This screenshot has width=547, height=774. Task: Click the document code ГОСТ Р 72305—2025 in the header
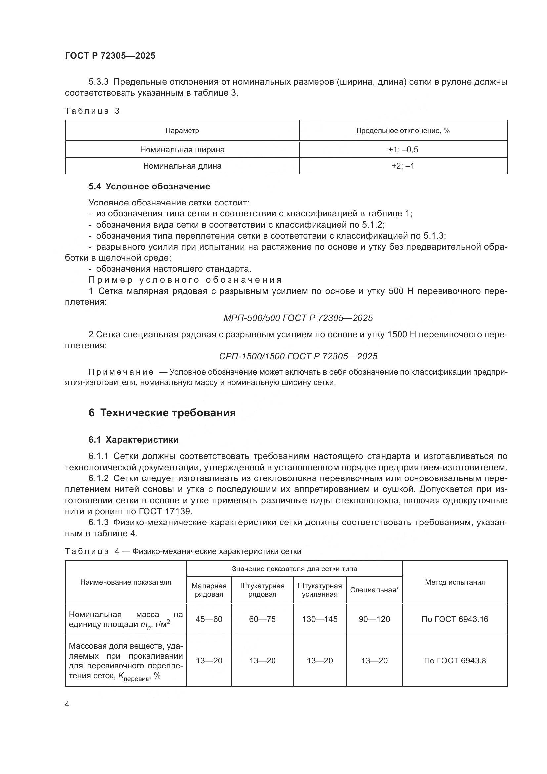pyautogui.click(x=110, y=56)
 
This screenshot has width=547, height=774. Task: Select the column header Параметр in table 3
pyautogui.click(x=182, y=131)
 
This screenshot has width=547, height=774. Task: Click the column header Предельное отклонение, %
pyautogui.click(x=403, y=131)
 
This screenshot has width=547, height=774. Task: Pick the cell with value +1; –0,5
pyautogui.click(x=403, y=149)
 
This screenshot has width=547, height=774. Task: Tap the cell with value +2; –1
pyautogui.click(x=403, y=166)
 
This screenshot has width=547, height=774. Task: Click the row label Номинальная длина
pyautogui.click(x=182, y=166)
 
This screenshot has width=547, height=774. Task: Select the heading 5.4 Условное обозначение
pyautogui.click(x=149, y=186)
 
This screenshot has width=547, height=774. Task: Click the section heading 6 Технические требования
pyautogui.click(x=162, y=413)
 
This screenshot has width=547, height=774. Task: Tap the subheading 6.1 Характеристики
pyautogui.click(x=133, y=440)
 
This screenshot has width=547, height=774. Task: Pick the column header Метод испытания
pyautogui.click(x=455, y=582)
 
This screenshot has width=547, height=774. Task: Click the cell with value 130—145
pyautogui.click(x=320, y=619)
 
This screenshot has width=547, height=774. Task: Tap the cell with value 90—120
pyautogui.click(x=374, y=619)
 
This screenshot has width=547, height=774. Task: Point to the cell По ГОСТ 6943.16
pyautogui.click(x=455, y=619)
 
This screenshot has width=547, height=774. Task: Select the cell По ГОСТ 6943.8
pyautogui.click(x=455, y=661)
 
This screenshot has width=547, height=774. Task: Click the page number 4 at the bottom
pyautogui.click(x=67, y=704)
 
